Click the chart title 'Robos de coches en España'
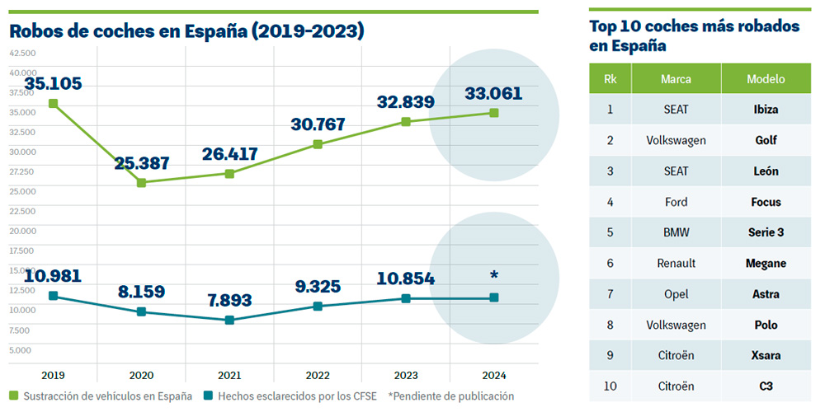tap(186, 31)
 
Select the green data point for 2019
tap(53, 104)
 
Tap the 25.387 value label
tap(142, 162)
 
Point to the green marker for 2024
tap(494, 113)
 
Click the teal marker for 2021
tap(229, 320)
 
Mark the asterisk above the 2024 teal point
tap(494, 276)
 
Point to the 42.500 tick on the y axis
tap(22, 53)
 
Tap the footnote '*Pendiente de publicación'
tap(451, 396)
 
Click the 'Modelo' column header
tap(766, 79)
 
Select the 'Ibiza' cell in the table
tap(766, 110)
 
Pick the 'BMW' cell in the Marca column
tap(676, 232)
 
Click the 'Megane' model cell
tap(766, 264)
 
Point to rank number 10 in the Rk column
tap(610, 386)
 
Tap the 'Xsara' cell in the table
tap(766, 356)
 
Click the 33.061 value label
tap(493, 93)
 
